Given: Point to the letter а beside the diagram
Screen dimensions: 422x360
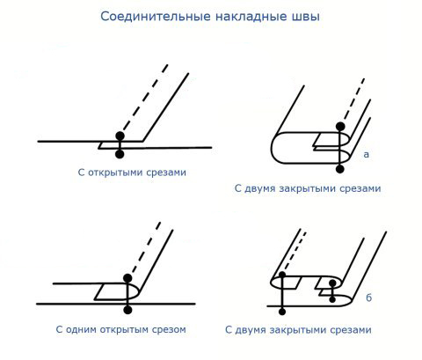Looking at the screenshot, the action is (x=366, y=154).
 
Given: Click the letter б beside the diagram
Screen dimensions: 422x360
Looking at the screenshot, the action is (x=368, y=298).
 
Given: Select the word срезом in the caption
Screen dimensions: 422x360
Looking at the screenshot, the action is (x=167, y=330).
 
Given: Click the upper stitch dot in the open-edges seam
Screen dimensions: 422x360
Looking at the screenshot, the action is (x=120, y=136).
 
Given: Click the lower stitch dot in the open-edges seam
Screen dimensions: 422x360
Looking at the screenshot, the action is (x=120, y=154).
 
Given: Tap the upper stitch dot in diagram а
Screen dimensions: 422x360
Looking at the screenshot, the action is (x=340, y=127).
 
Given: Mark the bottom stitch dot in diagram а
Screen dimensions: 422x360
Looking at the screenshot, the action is (x=340, y=169).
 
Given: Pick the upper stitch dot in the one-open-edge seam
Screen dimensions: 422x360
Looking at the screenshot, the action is (x=127, y=278).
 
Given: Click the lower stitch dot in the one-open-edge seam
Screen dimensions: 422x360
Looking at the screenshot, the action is (x=127, y=310).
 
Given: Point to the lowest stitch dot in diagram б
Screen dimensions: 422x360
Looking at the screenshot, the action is (x=282, y=312).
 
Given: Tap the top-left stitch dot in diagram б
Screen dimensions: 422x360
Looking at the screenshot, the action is (x=282, y=275).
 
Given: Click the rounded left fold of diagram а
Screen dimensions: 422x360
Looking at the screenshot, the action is (x=272, y=148).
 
